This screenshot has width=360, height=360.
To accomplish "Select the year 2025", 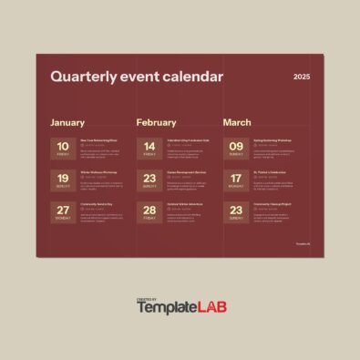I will (x=302, y=77).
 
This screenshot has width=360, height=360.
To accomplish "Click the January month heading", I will (x=67, y=122).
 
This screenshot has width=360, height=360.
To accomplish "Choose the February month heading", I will (x=156, y=122).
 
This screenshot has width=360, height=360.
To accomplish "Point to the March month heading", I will (x=237, y=122).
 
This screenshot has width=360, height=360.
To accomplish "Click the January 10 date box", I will (x=63, y=149).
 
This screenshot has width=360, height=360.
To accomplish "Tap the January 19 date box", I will (x=63, y=181).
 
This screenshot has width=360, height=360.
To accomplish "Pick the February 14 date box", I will (x=149, y=149).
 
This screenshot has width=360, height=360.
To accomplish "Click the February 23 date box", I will (x=149, y=181).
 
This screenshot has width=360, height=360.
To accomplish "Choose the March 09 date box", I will (x=236, y=149).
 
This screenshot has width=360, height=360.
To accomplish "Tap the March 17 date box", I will (x=236, y=181).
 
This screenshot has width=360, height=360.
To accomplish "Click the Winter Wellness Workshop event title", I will (x=98, y=171).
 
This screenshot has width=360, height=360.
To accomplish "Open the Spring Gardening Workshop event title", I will (x=273, y=139).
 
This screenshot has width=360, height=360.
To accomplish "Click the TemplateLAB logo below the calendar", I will (x=181, y=308).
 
